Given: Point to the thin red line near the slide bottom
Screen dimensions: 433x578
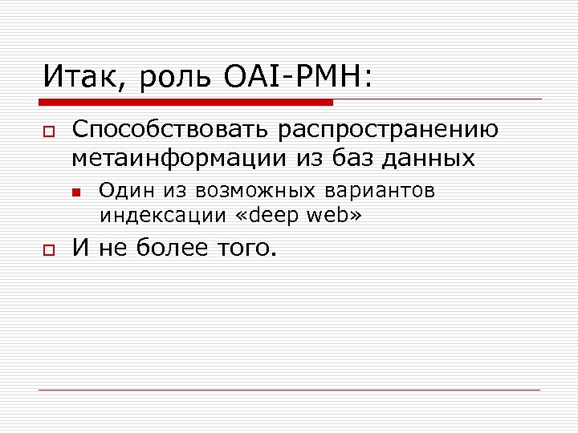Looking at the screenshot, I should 289,390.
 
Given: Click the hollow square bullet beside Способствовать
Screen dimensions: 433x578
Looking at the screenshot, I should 48,131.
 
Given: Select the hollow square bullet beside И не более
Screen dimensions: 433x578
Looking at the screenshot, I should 48,251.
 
